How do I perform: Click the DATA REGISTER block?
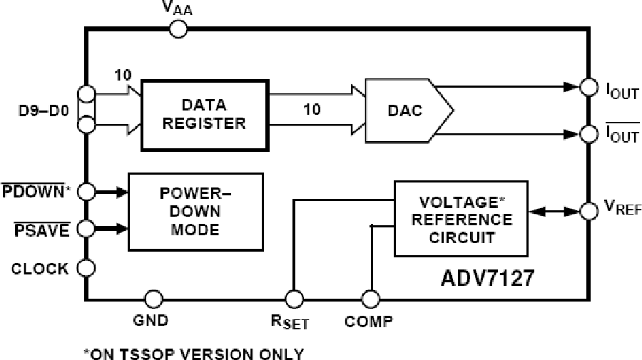pos(204,115)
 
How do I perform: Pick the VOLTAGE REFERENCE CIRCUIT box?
pos(460,217)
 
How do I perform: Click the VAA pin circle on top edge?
pos(178,29)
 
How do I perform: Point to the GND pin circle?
pos(153,298)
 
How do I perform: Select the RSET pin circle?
pos(293,299)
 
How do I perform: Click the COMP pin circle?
pos(370,299)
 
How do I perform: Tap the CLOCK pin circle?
pos(86,268)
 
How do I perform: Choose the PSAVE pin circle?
pos(86,229)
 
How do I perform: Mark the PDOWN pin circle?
pos(86,191)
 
